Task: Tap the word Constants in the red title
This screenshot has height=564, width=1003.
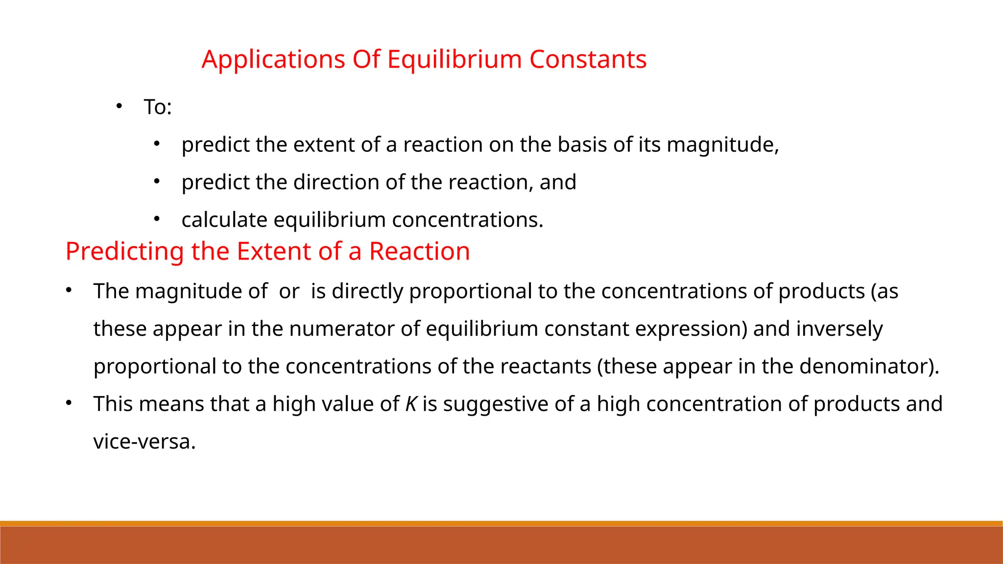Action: (x=588, y=60)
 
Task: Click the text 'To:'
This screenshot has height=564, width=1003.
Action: (x=158, y=107)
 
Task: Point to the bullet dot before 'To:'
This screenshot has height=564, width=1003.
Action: (x=119, y=106)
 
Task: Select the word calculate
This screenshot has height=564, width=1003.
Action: (x=224, y=220)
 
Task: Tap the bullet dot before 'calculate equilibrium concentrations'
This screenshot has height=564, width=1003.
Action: (x=157, y=219)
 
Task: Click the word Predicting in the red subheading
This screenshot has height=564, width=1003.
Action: (x=125, y=252)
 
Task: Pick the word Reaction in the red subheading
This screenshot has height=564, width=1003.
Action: (x=419, y=252)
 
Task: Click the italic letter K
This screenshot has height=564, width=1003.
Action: (x=411, y=404)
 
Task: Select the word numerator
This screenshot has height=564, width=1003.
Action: (x=341, y=329)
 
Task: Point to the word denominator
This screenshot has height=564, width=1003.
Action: (x=864, y=367)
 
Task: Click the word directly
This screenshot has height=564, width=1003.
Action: (x=367, y=291)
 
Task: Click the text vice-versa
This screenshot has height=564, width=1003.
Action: (x=144, y=442)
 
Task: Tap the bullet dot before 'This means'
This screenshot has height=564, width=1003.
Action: (x=69, y=403)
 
